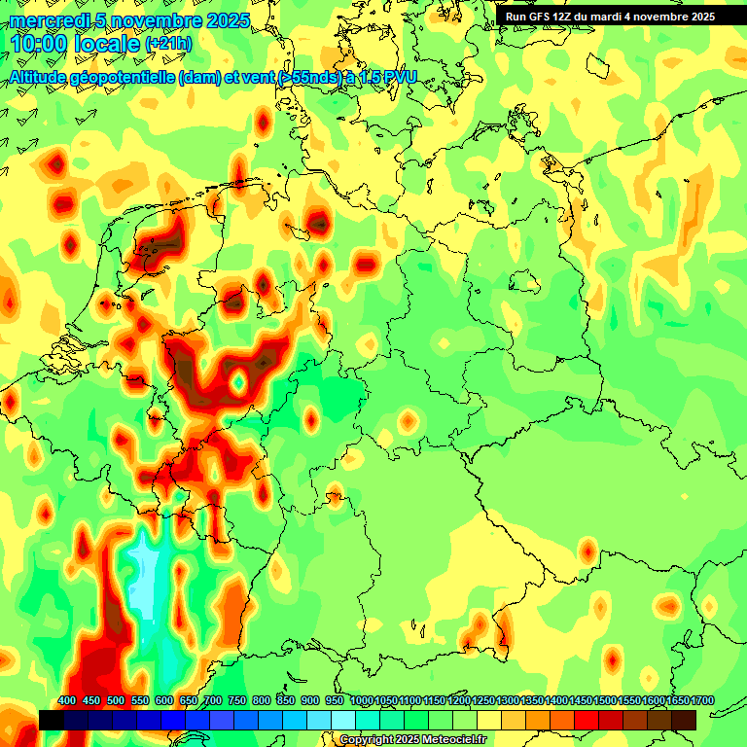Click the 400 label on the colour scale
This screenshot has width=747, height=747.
tap(67, 701)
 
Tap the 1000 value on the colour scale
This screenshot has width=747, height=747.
tap(362, 701)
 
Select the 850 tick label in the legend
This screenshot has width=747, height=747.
tap(286, 701)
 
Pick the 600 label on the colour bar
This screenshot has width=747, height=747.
tap(164, 701)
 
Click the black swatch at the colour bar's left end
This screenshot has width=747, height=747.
tap(52, 720)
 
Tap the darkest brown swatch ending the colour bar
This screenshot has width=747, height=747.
tap(684, 720)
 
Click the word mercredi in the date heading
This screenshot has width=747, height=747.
tap(49, 20)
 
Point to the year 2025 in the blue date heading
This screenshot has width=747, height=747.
tap(226, 20)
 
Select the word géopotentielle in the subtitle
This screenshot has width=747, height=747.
tap(123, 77)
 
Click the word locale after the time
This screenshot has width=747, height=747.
tap(110, 44)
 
